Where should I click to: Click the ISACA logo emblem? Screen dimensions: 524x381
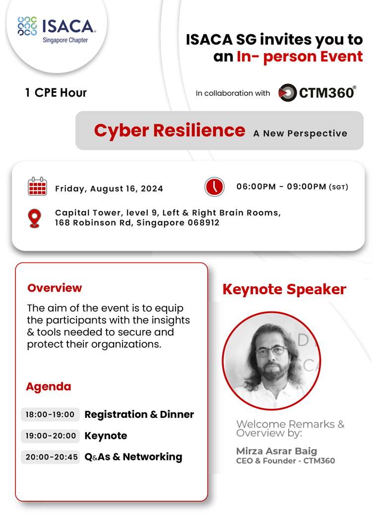tap(27, 26)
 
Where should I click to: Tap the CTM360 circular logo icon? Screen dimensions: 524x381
tap(287, 93)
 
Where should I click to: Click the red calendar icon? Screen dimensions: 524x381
tap(37, 187)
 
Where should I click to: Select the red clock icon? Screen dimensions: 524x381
tap(214, 187)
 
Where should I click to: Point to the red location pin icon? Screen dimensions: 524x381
tap(34, 218)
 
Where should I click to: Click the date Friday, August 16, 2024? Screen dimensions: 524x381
tap(109, 189)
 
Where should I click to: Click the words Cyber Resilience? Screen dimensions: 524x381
tap(169, 130)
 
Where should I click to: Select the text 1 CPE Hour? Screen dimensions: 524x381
tap(56, 93)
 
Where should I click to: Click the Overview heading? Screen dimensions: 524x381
tap(55, 288)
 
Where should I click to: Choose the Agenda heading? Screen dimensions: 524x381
tap(49, 387)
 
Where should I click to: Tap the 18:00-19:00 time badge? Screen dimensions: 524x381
tap(50, 414)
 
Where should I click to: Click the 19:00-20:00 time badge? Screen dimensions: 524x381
tap(51, 436)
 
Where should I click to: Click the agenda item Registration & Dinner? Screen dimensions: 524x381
tap(139, 414)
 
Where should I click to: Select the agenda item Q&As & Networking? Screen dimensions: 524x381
tap(133, 457)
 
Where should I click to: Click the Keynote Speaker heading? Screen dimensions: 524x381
tap(284, 289)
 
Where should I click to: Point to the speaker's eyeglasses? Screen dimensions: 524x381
tap(270, 351)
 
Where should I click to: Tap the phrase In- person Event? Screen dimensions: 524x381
tap(299, 56)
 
